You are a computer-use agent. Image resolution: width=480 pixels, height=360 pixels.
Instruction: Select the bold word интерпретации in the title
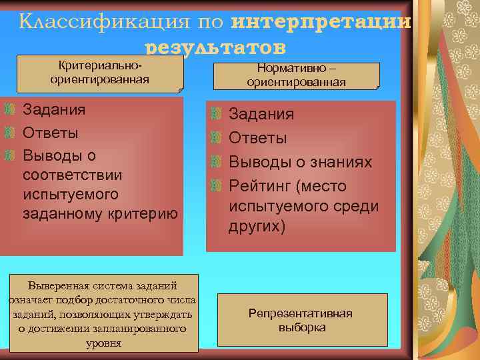pos(321,21)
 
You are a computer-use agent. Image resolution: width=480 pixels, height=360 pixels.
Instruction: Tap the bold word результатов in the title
pos(215,47)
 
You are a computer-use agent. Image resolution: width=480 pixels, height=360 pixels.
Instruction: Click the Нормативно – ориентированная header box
pos(296,75)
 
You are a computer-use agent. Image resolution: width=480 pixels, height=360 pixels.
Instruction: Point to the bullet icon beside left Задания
pos(9,109)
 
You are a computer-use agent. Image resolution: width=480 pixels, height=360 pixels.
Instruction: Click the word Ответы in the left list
pos(51,132)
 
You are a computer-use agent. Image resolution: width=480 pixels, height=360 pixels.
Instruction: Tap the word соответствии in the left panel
pos(72,175)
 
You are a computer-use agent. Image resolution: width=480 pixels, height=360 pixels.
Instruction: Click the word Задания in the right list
pos(261,114)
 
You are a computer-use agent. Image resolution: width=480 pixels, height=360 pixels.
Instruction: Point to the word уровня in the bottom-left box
pos(103,343)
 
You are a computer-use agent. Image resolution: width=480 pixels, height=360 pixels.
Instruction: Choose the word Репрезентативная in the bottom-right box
pos(301,313)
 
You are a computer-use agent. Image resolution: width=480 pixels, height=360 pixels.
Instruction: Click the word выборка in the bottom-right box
pos(301,327)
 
